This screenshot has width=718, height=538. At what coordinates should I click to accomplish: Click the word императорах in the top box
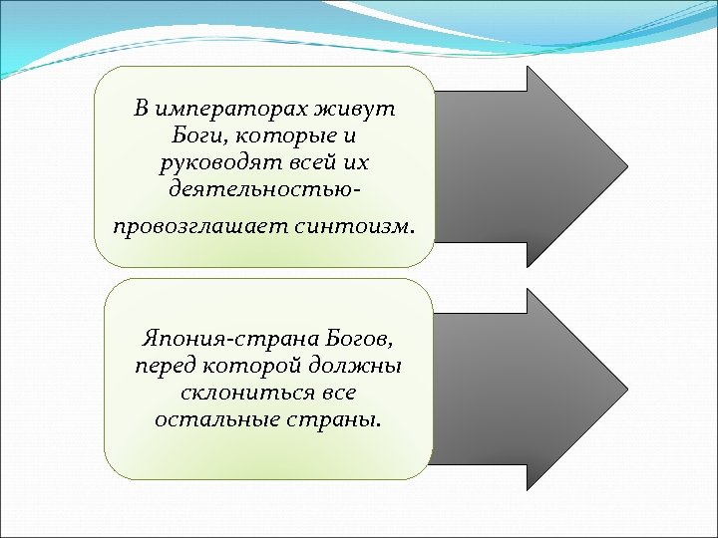tap(228, 109)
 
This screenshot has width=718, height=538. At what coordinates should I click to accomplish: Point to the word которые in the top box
tap(282, 134)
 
